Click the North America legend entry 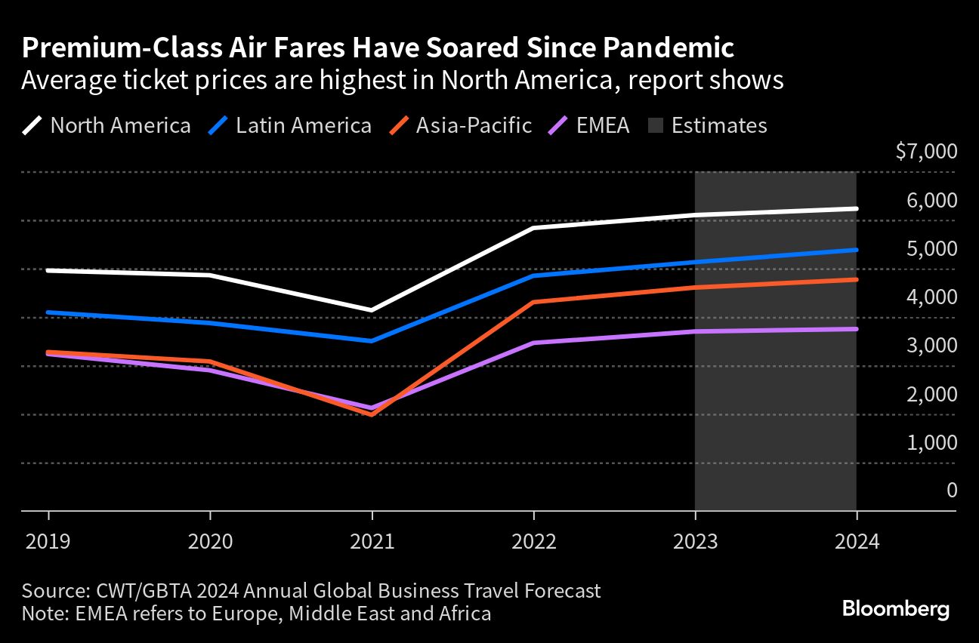click(107, 125)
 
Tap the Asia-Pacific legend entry click(461, 125)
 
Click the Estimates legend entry click(708, 125)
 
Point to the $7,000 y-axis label click(925, 152)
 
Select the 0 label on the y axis click(951, 490)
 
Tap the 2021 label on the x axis click(372, 542)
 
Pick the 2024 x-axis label click(857, 542)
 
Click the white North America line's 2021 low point click(372, 310)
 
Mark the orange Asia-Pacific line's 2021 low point click(372, 414)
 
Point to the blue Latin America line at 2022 click(533, 276)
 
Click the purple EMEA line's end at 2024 click(856, 329)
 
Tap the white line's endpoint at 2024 click(856, 208)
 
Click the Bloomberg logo click(895, 609)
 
